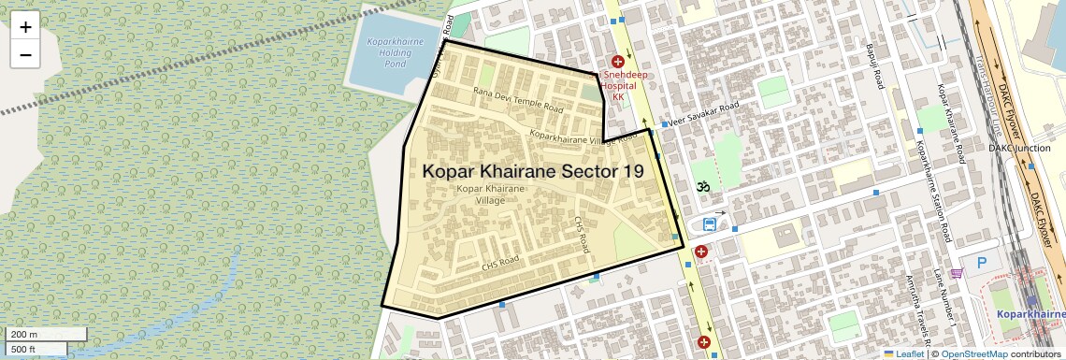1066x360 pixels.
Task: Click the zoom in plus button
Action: pos(25,27)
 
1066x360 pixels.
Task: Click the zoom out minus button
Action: pos(25,55)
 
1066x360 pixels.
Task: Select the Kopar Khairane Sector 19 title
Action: pos(533,172)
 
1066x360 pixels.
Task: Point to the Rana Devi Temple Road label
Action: pos(518,100)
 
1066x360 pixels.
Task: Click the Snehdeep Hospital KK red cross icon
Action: pos(617,61)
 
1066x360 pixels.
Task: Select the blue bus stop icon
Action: pos(710,224)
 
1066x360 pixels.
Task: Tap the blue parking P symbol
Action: pos(981,264)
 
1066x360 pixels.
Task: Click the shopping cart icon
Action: pos(957,273)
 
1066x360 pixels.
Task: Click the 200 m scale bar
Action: pos(45,335)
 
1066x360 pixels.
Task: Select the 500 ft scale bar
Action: pos(36,350)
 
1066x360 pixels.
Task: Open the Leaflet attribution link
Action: pos(903,353)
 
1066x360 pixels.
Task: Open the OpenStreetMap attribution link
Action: pos(973,353)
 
